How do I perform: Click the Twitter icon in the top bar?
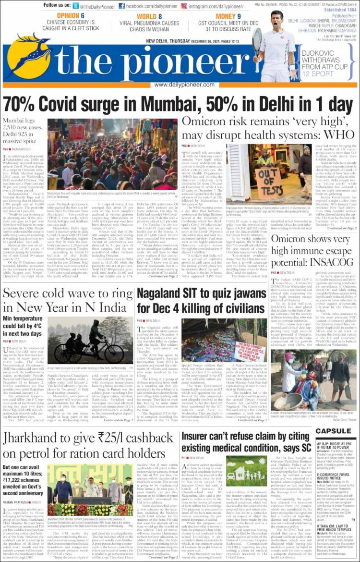click(76, 6)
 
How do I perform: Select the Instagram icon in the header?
click(184, 6)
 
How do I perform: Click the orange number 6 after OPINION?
click(82, 16)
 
